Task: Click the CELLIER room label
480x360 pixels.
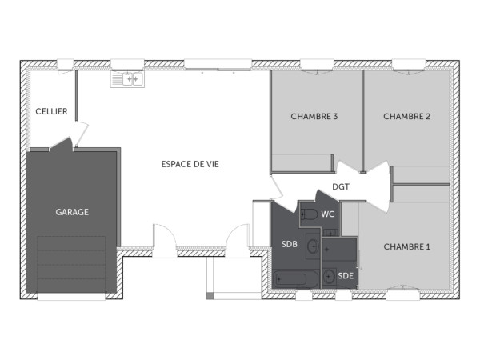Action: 51,111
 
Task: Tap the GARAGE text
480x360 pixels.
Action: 72,212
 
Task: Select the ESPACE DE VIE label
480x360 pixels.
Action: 190,163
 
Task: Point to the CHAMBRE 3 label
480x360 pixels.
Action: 314,116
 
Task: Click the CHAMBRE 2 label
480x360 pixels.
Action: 406,116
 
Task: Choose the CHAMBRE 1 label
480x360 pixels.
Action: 406,246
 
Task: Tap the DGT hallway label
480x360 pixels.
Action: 342,187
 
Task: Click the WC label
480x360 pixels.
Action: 328,214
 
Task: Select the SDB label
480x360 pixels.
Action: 290,245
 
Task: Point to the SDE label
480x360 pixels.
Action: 346,276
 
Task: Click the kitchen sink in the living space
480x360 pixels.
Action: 127,78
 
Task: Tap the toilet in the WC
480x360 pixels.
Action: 309,214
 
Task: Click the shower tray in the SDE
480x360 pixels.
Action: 342,251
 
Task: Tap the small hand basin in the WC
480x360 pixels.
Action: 330,230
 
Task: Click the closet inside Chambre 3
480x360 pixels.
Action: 302,162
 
